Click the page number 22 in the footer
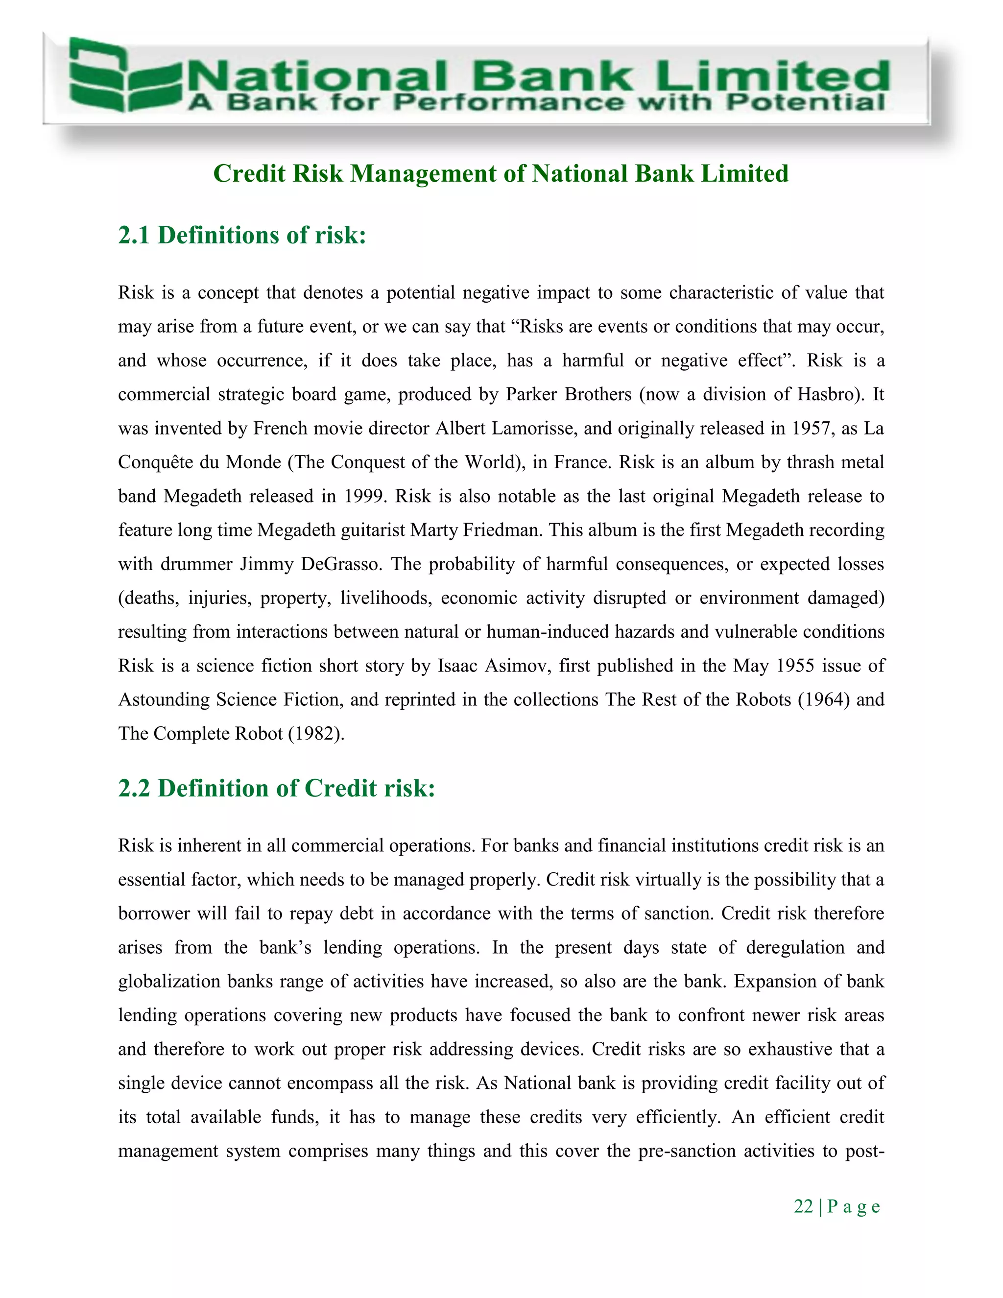pyautogui.click(x=803, y=1206)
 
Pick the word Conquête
pyautogui.click(x=155, y=462)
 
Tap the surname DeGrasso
pyautogui.click(x=341, y=564)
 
